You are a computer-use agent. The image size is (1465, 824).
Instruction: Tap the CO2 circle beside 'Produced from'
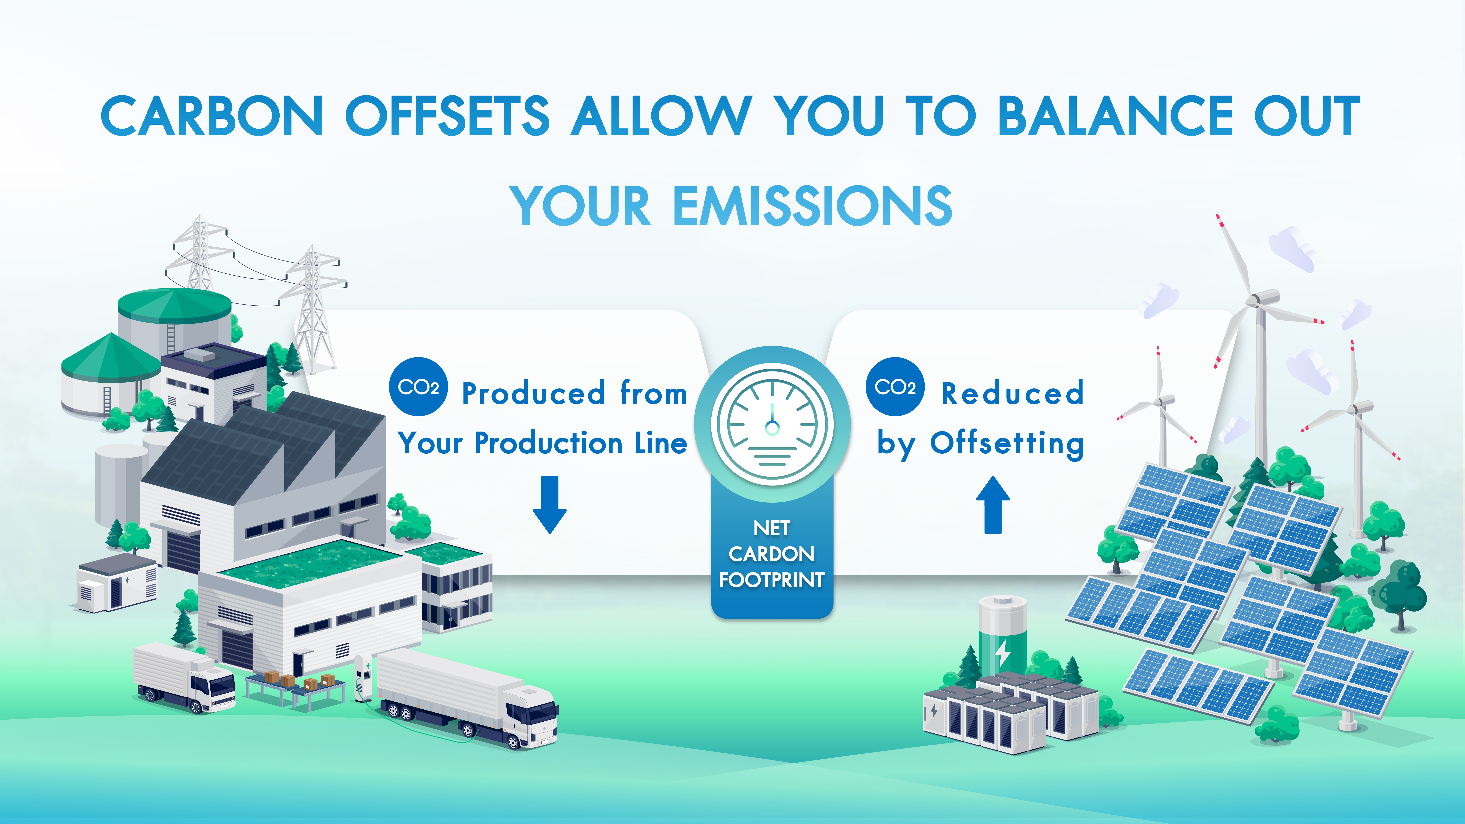[419, 387]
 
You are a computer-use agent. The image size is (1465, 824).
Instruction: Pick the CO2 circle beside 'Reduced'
[895, 387]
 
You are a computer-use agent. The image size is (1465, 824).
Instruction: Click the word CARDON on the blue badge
[772, 554]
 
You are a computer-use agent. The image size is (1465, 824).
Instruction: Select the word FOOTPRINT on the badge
[772, 580]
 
